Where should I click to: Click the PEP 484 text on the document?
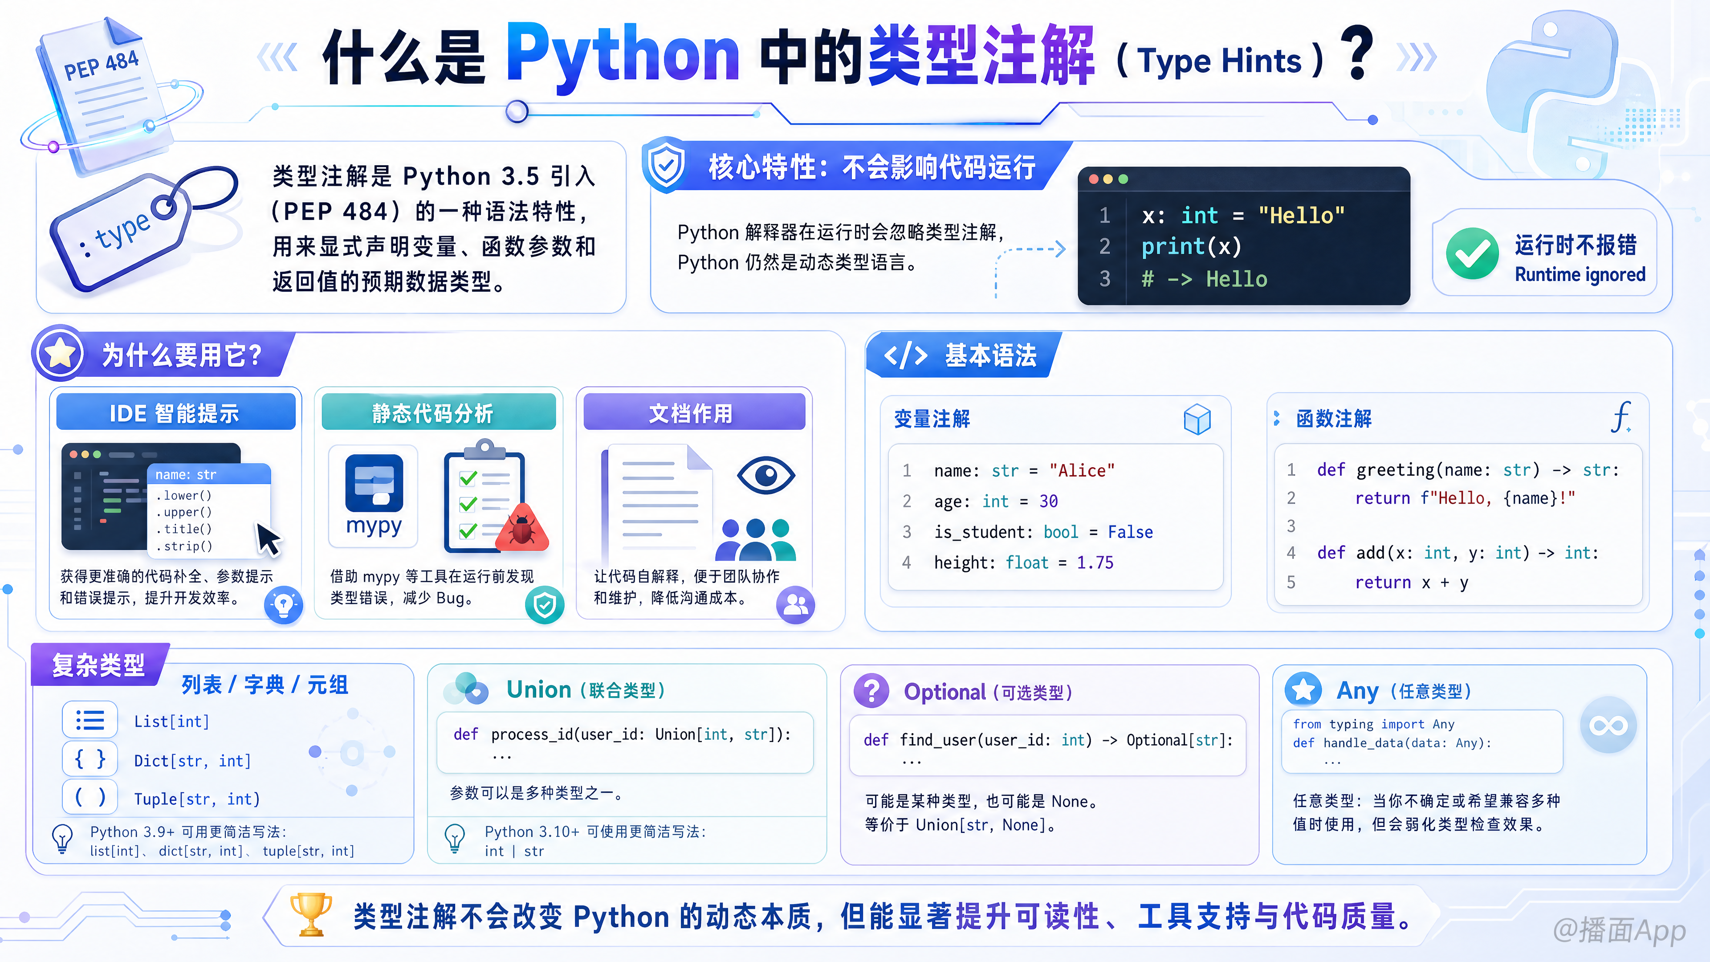point(101,65)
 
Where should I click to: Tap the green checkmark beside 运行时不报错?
point(1472,253)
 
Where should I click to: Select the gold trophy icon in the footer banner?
point(311,914)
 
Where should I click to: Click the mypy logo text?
point(374,526)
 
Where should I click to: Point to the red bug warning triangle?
point(522,529)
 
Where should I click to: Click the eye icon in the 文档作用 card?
point(765,475)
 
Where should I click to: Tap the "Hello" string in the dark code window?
point(1301,215)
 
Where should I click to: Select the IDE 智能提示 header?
point(175,412)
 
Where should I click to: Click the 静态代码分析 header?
point(438,412)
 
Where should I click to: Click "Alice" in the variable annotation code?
point(1082,471)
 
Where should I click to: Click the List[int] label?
point(171,721)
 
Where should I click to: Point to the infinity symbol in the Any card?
point(1608,725)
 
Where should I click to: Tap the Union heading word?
point(538,690)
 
